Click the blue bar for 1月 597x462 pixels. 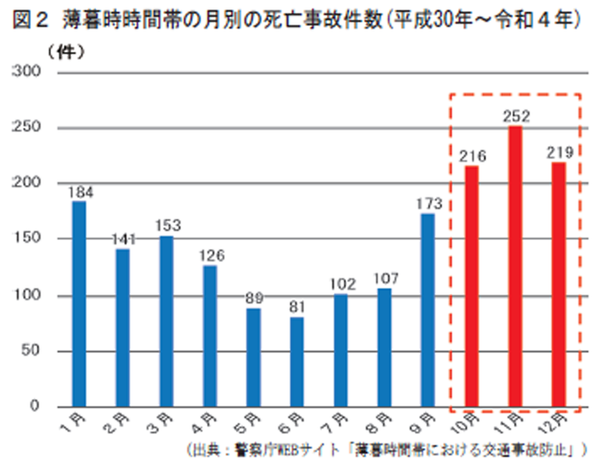tap(79, 304)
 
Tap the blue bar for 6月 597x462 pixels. tap(298, 362)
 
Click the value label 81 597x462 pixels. tap(298, 308)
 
